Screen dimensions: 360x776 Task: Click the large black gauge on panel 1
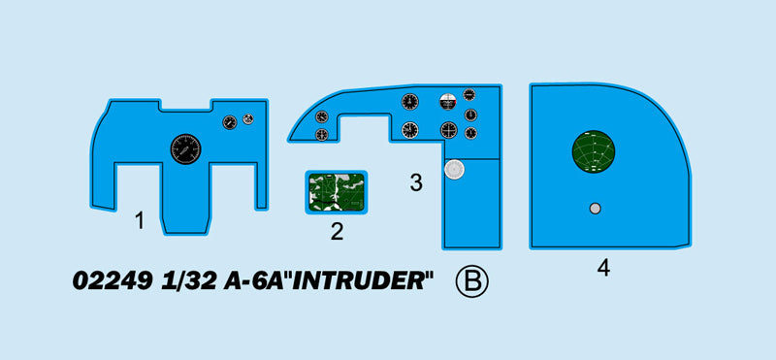[x=185, y=149]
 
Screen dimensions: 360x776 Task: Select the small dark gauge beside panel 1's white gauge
[x=230, y=122]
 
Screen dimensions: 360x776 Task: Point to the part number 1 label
[x=140, y=221]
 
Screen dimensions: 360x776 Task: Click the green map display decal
[x=337, y=190]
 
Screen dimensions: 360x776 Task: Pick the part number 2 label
[x=337, y=231]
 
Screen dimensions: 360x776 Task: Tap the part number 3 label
[x=415, y=182]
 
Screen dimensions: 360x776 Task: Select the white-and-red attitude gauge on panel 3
[x=447, y=101]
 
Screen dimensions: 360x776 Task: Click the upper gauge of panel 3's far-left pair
[x=322, y=116]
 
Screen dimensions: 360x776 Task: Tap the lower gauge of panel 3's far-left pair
[x=322, y=135]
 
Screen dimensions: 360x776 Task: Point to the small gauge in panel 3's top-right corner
[x=469, y=95]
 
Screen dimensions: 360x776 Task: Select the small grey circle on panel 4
[x=595, y=208]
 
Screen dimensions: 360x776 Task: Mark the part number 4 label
[x=603, y=269]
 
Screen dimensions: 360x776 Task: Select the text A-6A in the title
[x=245, y=282]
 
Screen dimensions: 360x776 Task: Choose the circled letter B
[x=472, y=281]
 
